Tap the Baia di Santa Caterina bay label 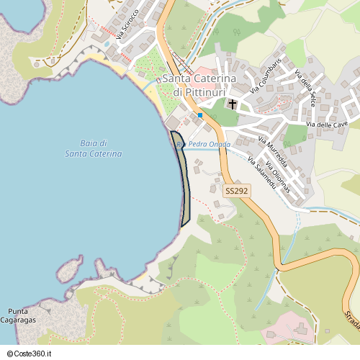click(94, 148)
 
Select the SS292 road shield click(236, 191)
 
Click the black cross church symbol click(232, 105)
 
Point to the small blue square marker click(200, 115)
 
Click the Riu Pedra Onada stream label click(204, 145)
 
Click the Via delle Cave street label click(327, 125)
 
